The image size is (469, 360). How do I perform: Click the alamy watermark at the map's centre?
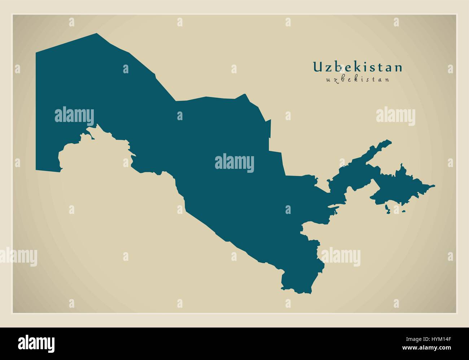click(234, 163)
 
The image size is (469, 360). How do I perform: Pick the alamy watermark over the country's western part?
click(74, 116)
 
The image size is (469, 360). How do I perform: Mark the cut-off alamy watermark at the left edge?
click(18, 257)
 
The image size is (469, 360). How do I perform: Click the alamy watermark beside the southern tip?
click(341, 257)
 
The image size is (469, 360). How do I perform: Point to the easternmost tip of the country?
click(434, 186)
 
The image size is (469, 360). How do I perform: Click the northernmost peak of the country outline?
click(97, 34)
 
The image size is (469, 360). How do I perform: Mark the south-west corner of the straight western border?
click(36, 169)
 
